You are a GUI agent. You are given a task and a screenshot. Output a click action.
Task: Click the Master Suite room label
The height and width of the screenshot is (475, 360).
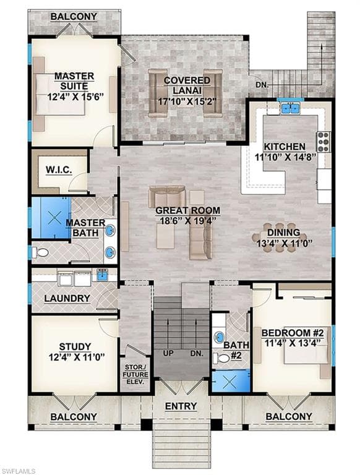tap(74, 81)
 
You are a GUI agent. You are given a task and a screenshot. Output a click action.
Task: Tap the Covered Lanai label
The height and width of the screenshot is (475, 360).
tap(186, 81)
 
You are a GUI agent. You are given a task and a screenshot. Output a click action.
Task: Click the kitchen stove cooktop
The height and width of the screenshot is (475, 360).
tap(324, 142)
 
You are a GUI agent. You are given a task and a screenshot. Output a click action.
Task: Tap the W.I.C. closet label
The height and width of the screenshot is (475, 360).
tap(59, 168)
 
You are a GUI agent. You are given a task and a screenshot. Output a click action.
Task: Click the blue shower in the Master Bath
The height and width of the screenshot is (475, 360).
tap(50, 218)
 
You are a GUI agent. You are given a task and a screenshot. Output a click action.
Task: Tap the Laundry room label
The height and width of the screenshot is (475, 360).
tap(67, 298)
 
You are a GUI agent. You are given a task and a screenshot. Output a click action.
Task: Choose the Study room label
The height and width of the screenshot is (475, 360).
tap(75, 346)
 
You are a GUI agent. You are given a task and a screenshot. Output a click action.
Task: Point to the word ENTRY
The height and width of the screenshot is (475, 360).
tap(181, 406)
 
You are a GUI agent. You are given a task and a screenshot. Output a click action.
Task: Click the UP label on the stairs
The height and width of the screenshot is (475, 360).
tap(166, 353)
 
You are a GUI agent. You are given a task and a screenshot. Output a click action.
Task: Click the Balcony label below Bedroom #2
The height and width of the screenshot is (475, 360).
tap(288, 417)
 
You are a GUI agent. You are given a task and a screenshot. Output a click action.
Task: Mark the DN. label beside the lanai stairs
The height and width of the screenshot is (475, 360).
tap(263, 84)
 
